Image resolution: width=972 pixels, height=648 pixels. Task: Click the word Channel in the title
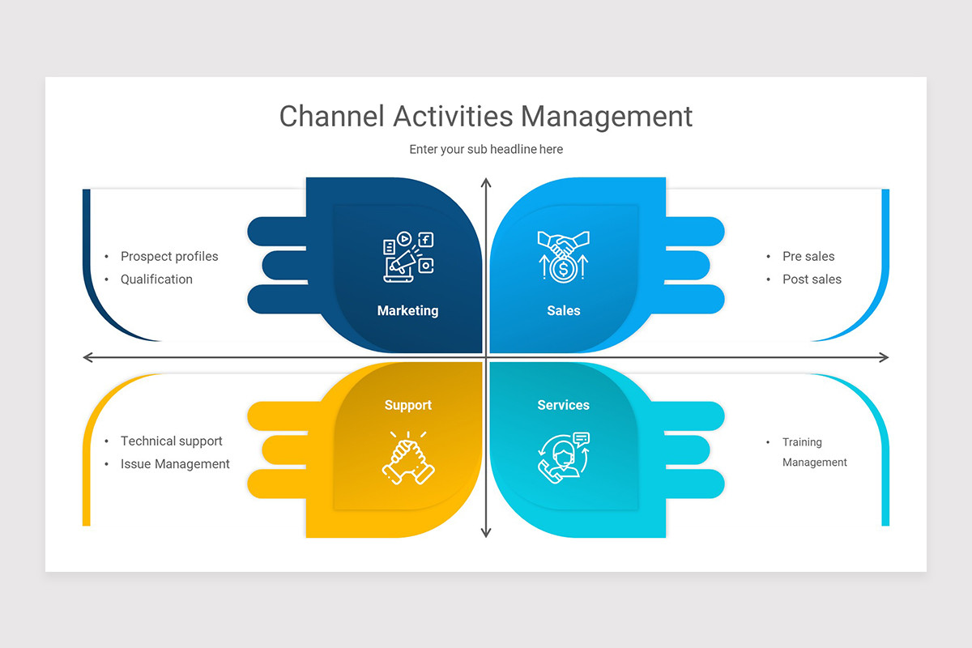[331, 116]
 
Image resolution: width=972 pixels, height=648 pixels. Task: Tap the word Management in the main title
[607, 116]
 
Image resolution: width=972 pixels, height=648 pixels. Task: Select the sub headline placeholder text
[486, 149]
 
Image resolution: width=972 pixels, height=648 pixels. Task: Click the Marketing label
[407, 310]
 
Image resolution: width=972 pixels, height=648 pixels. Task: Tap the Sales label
[564, 310]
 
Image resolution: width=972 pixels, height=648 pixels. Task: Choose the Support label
[408, 405]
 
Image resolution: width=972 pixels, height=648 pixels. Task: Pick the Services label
[564, 405]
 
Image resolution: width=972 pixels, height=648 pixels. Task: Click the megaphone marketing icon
[407, 257]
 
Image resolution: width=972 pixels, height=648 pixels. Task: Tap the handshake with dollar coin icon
[564, 256]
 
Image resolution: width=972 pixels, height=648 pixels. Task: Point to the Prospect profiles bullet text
[169, 256]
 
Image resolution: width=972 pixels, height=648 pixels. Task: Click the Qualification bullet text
[156, 279]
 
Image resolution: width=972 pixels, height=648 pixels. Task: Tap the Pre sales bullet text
[808, 256]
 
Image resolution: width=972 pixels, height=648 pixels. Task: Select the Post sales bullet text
[812, 279]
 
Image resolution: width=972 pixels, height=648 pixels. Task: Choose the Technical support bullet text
[171, 441]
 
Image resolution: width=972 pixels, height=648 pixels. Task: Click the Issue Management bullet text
[175, 464]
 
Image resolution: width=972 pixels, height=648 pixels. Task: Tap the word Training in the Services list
[802, 442]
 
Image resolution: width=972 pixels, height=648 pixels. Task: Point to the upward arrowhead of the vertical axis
[486, 183]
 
